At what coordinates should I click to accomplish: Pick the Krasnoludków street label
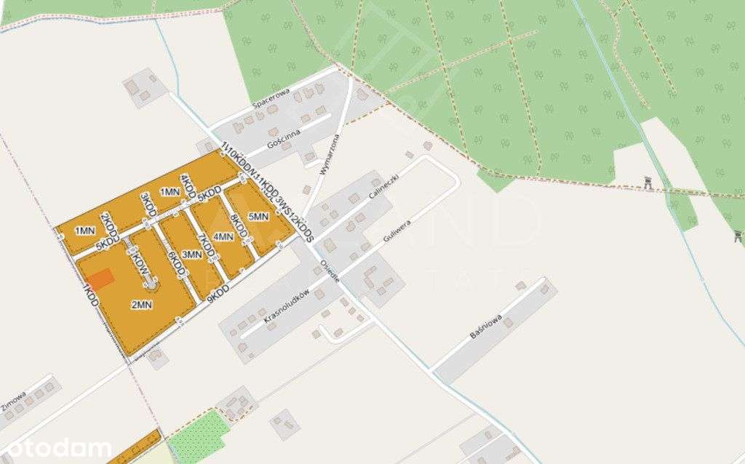click(287, 306)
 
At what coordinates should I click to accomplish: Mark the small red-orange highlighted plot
click(100, 279)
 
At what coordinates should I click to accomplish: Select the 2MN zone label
click(141, 305)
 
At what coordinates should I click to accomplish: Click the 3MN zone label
click(191, 255)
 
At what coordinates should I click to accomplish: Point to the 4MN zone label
click(223, 236)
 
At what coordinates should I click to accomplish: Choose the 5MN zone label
click(258, 217)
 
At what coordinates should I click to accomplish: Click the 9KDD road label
click(218, 294)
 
